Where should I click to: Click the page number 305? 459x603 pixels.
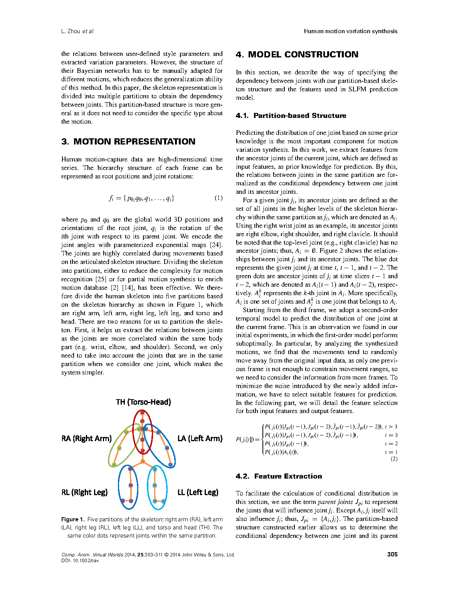(392, 554)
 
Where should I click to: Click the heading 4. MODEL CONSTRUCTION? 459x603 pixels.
(297, 54)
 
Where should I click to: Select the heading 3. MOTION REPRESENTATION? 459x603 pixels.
(128, 141)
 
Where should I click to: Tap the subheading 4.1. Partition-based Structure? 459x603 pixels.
(291, 116)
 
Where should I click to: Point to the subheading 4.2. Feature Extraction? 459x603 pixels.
(279, 476)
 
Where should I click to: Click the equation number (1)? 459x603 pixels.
(219, 198)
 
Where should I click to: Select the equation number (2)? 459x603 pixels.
(394, 459)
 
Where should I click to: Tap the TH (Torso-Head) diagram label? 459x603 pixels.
(143, 402)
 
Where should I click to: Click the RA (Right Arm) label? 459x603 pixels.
(86, 438)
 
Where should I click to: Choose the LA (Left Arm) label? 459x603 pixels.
(200, 438)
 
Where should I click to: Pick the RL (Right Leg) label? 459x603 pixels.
(84, 492)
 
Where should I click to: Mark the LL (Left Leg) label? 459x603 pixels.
(198, 492)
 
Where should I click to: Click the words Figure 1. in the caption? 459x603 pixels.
(73, 519)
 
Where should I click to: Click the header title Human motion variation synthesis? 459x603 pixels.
(350, 31)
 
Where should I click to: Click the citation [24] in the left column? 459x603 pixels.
(216, 245)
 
